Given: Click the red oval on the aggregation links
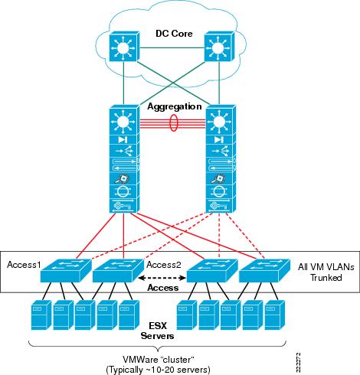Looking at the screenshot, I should (174, 125).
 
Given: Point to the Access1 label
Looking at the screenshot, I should (25, 264).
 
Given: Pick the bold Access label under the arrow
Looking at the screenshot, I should (162, 289).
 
